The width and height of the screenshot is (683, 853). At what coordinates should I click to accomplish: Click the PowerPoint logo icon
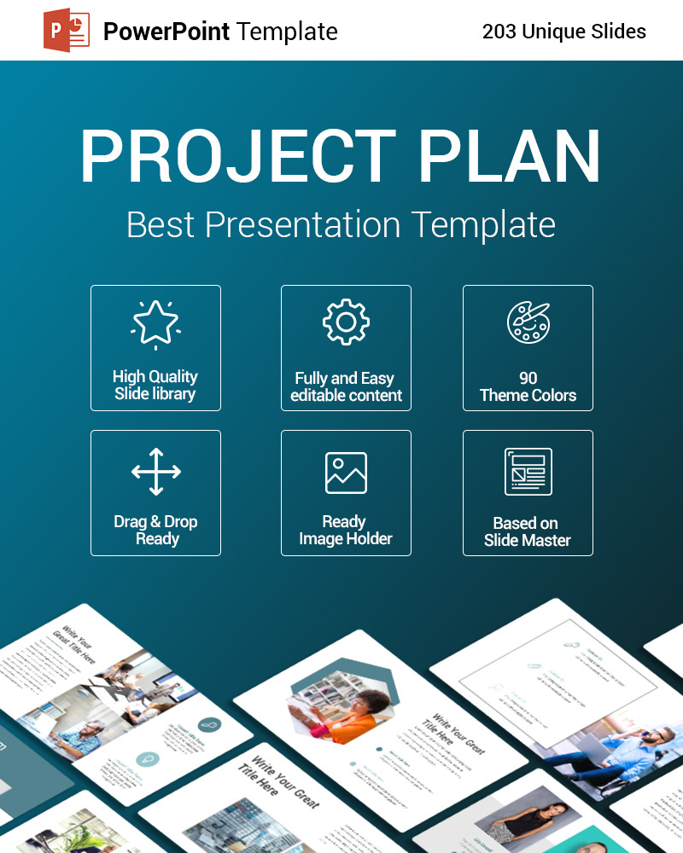[67, 31]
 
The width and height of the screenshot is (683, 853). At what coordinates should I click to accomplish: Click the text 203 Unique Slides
[563, 32]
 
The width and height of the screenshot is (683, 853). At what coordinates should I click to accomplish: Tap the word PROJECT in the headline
[238, 157]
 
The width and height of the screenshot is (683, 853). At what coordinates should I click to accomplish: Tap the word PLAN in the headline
[510, 157]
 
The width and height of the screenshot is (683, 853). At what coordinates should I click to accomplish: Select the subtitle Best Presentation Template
[341, 225]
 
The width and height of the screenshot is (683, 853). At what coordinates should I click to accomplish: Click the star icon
[155, 324]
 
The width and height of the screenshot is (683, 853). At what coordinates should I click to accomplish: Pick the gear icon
[346, 322]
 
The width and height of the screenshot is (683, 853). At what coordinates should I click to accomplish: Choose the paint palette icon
[528, 322]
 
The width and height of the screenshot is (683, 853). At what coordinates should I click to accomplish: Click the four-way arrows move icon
[155, 472]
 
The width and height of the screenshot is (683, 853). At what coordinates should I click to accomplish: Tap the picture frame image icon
[346, 473]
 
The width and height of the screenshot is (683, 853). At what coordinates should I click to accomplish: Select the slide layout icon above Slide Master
[528, 472]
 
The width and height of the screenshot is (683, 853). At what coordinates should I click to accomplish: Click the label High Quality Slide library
[155, 386]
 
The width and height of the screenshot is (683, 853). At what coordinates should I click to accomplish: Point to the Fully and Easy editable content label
[346, 387]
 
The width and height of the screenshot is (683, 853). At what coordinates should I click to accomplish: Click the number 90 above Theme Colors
[528, 378]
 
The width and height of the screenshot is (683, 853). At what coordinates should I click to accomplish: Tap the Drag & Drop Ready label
[155, 531]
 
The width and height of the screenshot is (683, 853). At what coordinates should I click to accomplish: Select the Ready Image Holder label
[346, 531]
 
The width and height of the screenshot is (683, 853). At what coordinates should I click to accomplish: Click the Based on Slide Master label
[528, 532]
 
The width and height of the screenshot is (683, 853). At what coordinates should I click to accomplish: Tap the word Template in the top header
[287, 32]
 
